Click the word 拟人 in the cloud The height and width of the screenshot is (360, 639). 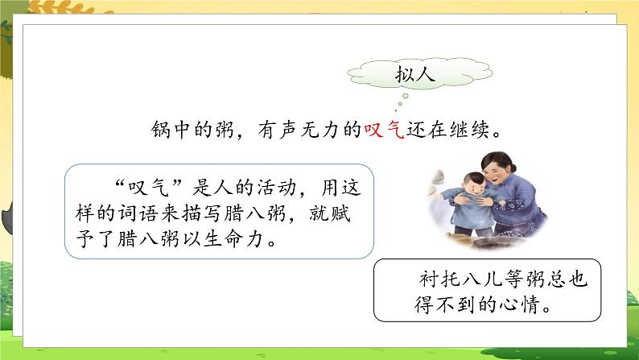tap(415, 76)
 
